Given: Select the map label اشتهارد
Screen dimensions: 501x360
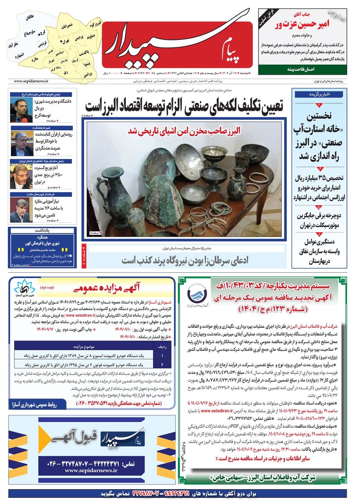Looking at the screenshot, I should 19,56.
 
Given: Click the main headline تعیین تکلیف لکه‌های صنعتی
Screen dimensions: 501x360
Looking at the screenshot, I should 184,107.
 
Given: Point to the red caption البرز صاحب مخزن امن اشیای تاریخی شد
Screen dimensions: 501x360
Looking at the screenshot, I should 184,131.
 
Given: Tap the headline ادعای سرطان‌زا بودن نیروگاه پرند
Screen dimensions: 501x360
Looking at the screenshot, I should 185,260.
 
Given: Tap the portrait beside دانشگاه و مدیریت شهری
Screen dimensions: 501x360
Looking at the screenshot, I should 19,109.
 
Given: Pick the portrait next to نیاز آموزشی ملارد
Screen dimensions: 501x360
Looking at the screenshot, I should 19,210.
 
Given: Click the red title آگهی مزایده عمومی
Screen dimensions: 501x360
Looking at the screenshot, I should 107,287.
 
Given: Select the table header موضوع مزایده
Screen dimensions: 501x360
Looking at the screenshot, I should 84,347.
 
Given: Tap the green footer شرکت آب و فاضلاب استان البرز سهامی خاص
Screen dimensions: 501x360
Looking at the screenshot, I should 263,477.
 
